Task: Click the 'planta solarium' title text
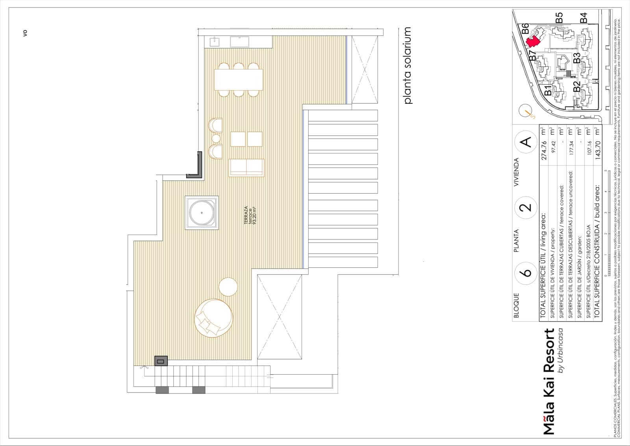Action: coord(408,65)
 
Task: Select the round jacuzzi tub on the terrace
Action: coord(202,213)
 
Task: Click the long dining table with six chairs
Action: coord(239,80)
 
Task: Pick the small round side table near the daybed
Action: coord(228,287)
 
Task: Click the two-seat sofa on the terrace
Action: coord(246,167)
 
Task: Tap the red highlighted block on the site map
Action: coord(534,41)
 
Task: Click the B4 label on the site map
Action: coord(584,18)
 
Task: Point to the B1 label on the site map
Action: coord(548,90)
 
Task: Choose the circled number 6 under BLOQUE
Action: coord(526,272)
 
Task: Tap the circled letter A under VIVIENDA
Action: coord(526,142)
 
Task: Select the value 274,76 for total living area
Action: coord(544,150)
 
